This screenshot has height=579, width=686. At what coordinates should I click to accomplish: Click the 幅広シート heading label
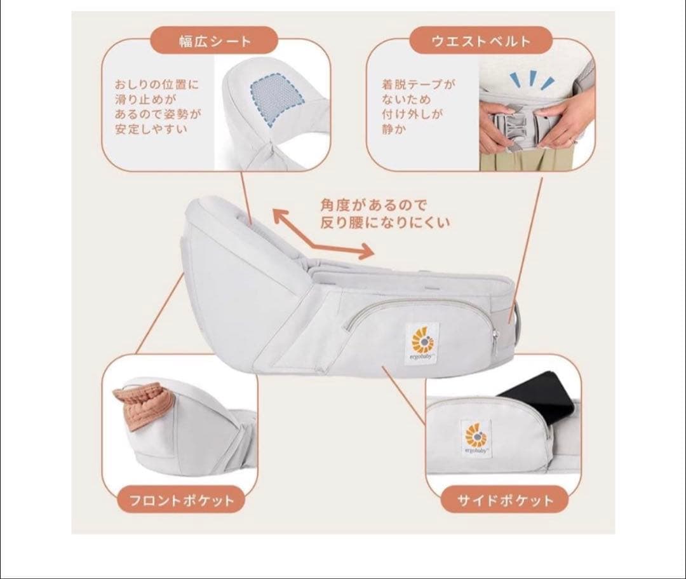[214, 42]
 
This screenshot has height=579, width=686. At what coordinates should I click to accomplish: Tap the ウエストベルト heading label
[480, 42]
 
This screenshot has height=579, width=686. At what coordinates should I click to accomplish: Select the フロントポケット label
[182, 500]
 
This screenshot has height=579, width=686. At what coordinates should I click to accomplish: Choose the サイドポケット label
[505, 500]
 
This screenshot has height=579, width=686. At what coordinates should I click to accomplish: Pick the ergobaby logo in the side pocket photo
[473, 439]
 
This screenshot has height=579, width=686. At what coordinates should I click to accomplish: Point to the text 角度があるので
[373, 205]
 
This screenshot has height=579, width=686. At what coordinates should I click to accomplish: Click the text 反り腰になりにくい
[386, 222]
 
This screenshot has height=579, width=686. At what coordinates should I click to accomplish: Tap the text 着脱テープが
[410, 84]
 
